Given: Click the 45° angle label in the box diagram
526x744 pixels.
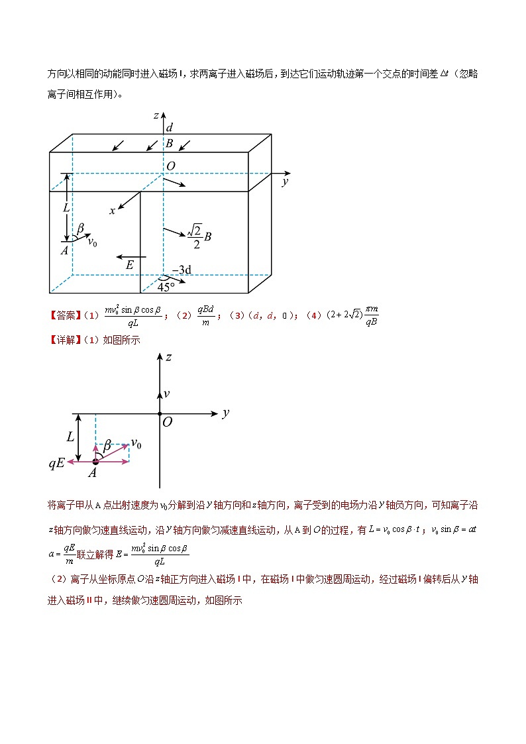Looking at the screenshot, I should pyautogui.click(x=166, y=287).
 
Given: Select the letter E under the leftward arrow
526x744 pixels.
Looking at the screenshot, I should pyautogui.click(x=130, y=265).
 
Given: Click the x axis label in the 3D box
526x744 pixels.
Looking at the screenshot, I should pyautogui.click(x=113, y=211).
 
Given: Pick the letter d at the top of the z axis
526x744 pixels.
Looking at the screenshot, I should pyautogui.click(x=170, y=128).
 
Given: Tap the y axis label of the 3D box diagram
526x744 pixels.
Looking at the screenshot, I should pyautogui.click(x=285, y=181).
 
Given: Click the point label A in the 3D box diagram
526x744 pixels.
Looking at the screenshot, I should pyautogui.click(x=65, y=250).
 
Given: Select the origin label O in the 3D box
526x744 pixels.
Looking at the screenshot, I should pyautogui.click(x=171, y=166).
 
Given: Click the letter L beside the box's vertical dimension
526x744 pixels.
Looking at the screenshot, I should pyautogui.click(x=66, y=207).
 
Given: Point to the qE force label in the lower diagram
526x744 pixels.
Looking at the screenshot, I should pyautogui.click(x=56, y=464).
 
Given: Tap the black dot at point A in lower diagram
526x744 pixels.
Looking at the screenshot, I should pyautogui.click(x=95, y=462).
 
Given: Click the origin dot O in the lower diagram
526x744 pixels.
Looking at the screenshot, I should pyautogui.click(x=160, y=414).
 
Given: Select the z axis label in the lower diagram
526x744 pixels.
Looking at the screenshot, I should pyautogui.click(x=169, y=357).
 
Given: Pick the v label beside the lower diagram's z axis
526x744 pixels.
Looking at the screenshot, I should pyautogui.click(x=166, y=394).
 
